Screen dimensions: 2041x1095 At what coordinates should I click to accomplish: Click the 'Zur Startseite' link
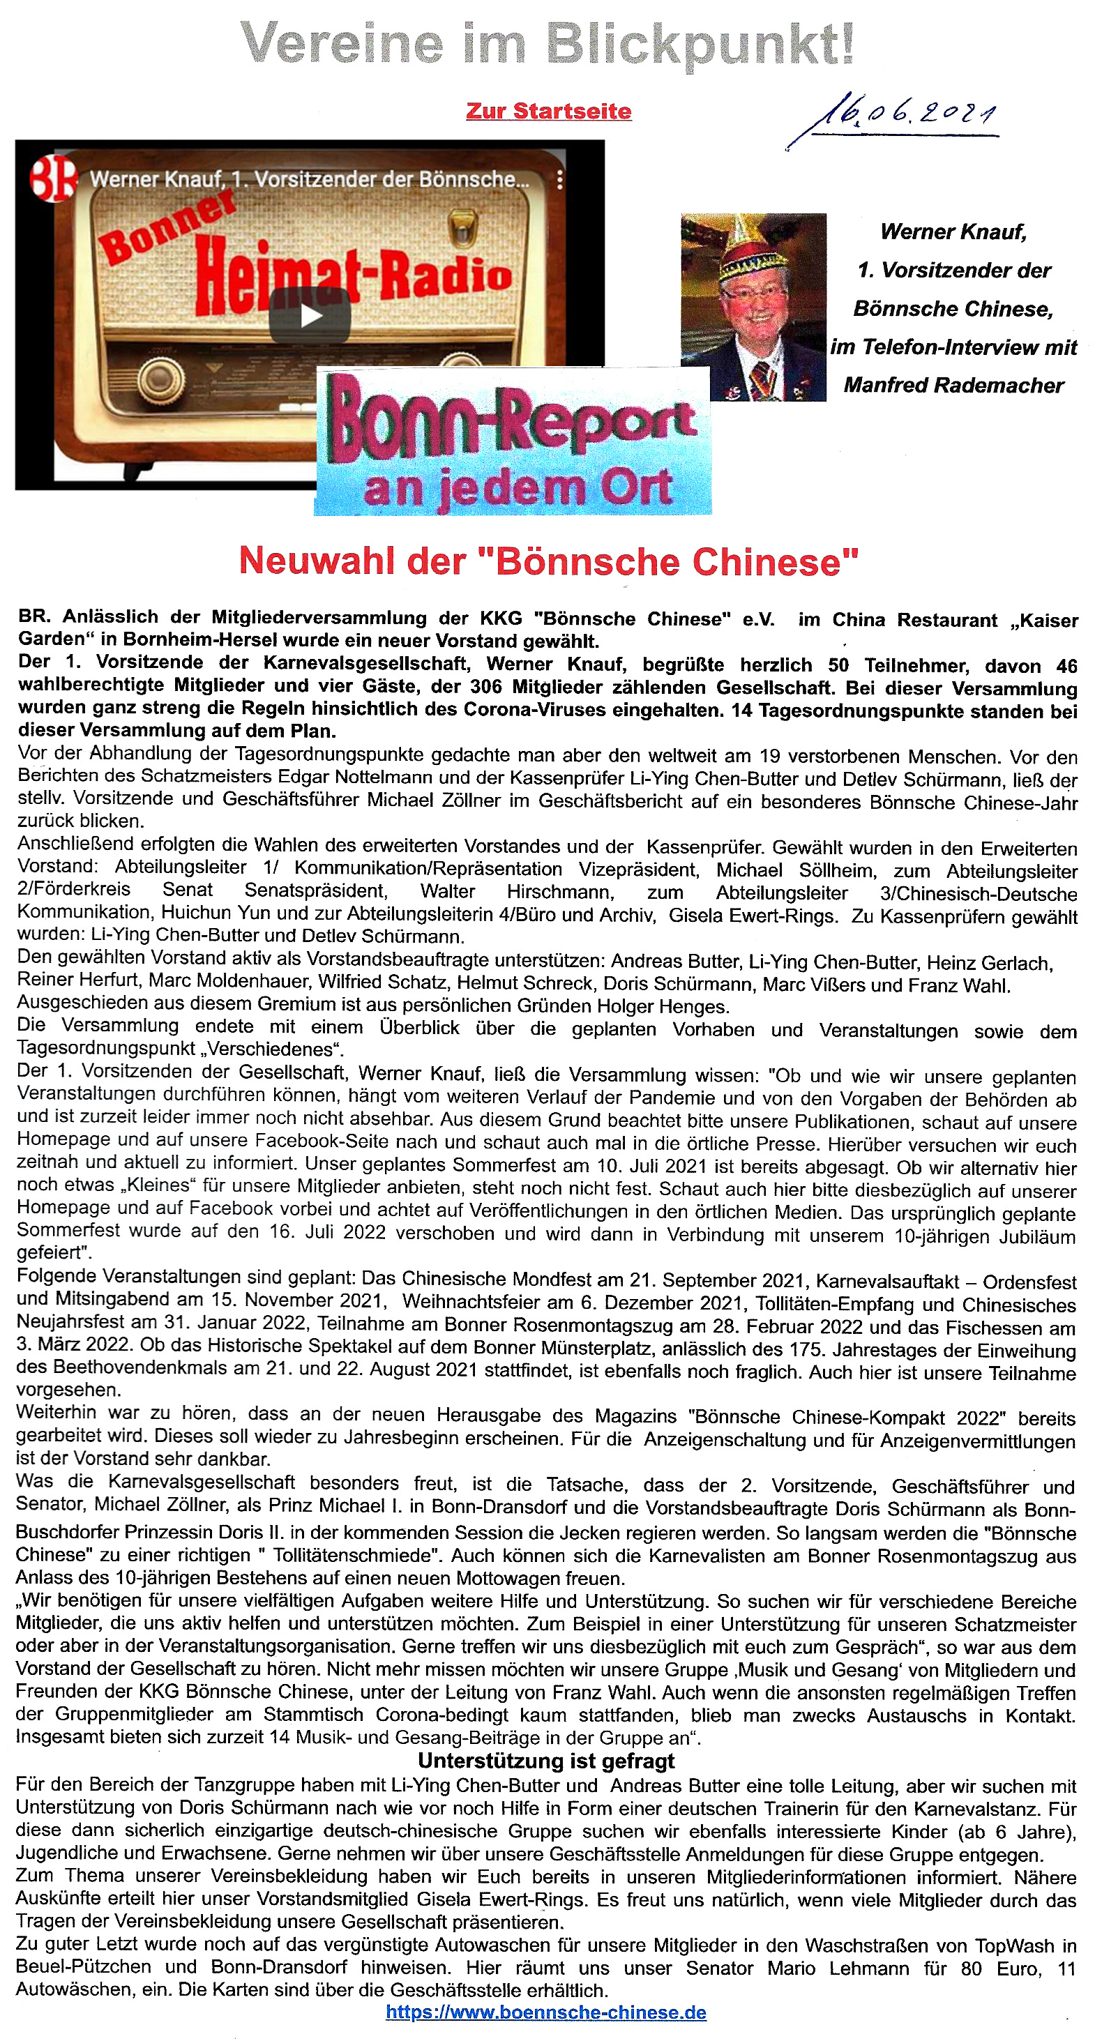[x=548, y=111]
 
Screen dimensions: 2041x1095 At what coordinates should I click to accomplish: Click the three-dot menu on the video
[x=559, y=180]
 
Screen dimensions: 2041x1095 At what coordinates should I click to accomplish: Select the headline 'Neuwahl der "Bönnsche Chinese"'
[x=548, y=561]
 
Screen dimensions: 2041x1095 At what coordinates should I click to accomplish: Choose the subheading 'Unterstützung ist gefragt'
[x=546, y=1761]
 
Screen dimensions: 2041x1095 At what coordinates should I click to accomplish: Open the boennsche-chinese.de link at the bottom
[x=546, y=2012]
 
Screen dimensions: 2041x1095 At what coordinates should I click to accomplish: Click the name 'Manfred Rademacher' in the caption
[x=953, y=386]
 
